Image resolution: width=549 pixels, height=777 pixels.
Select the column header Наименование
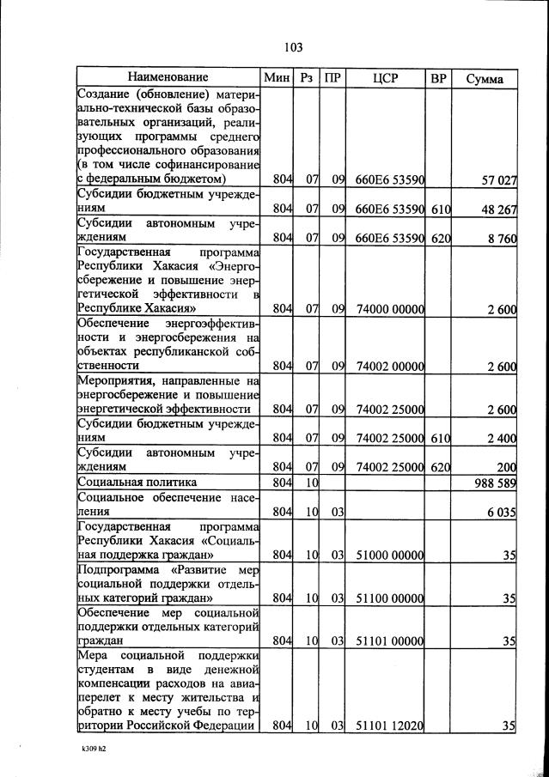tap(169, 78)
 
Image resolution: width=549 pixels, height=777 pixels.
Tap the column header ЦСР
tap(385, 78)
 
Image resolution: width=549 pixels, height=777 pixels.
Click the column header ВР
tap(438, 78)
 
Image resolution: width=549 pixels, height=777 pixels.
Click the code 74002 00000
tap(391, 367)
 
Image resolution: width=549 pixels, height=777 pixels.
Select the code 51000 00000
tap(391, 555)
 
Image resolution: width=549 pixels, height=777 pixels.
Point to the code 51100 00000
tap(391, 598)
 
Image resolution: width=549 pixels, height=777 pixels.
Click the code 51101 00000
tap(391, 640)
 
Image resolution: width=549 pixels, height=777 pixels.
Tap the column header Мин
tap(278, 78)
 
